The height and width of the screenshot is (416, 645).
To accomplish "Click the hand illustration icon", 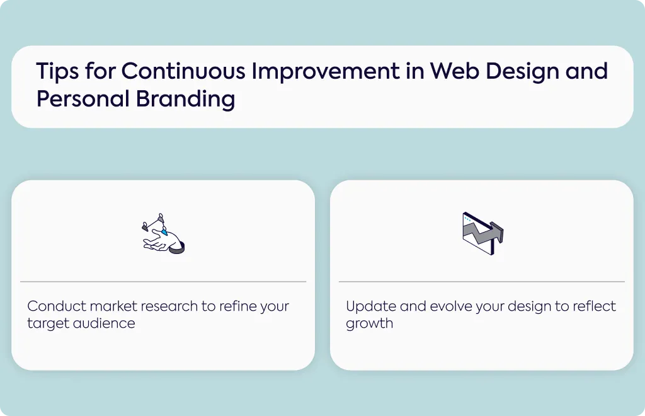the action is [163, 233].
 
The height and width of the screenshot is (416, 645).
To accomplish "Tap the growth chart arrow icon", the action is [482, 233].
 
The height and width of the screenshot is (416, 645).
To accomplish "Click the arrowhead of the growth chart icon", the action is [498, 231].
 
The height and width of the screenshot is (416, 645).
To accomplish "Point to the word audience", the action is [104, 323].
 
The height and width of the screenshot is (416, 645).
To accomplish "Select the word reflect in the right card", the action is [594, 306].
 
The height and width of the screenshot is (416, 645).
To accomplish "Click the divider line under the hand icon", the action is [163, 282].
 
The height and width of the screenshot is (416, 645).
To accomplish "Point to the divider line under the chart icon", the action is [482, 282].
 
